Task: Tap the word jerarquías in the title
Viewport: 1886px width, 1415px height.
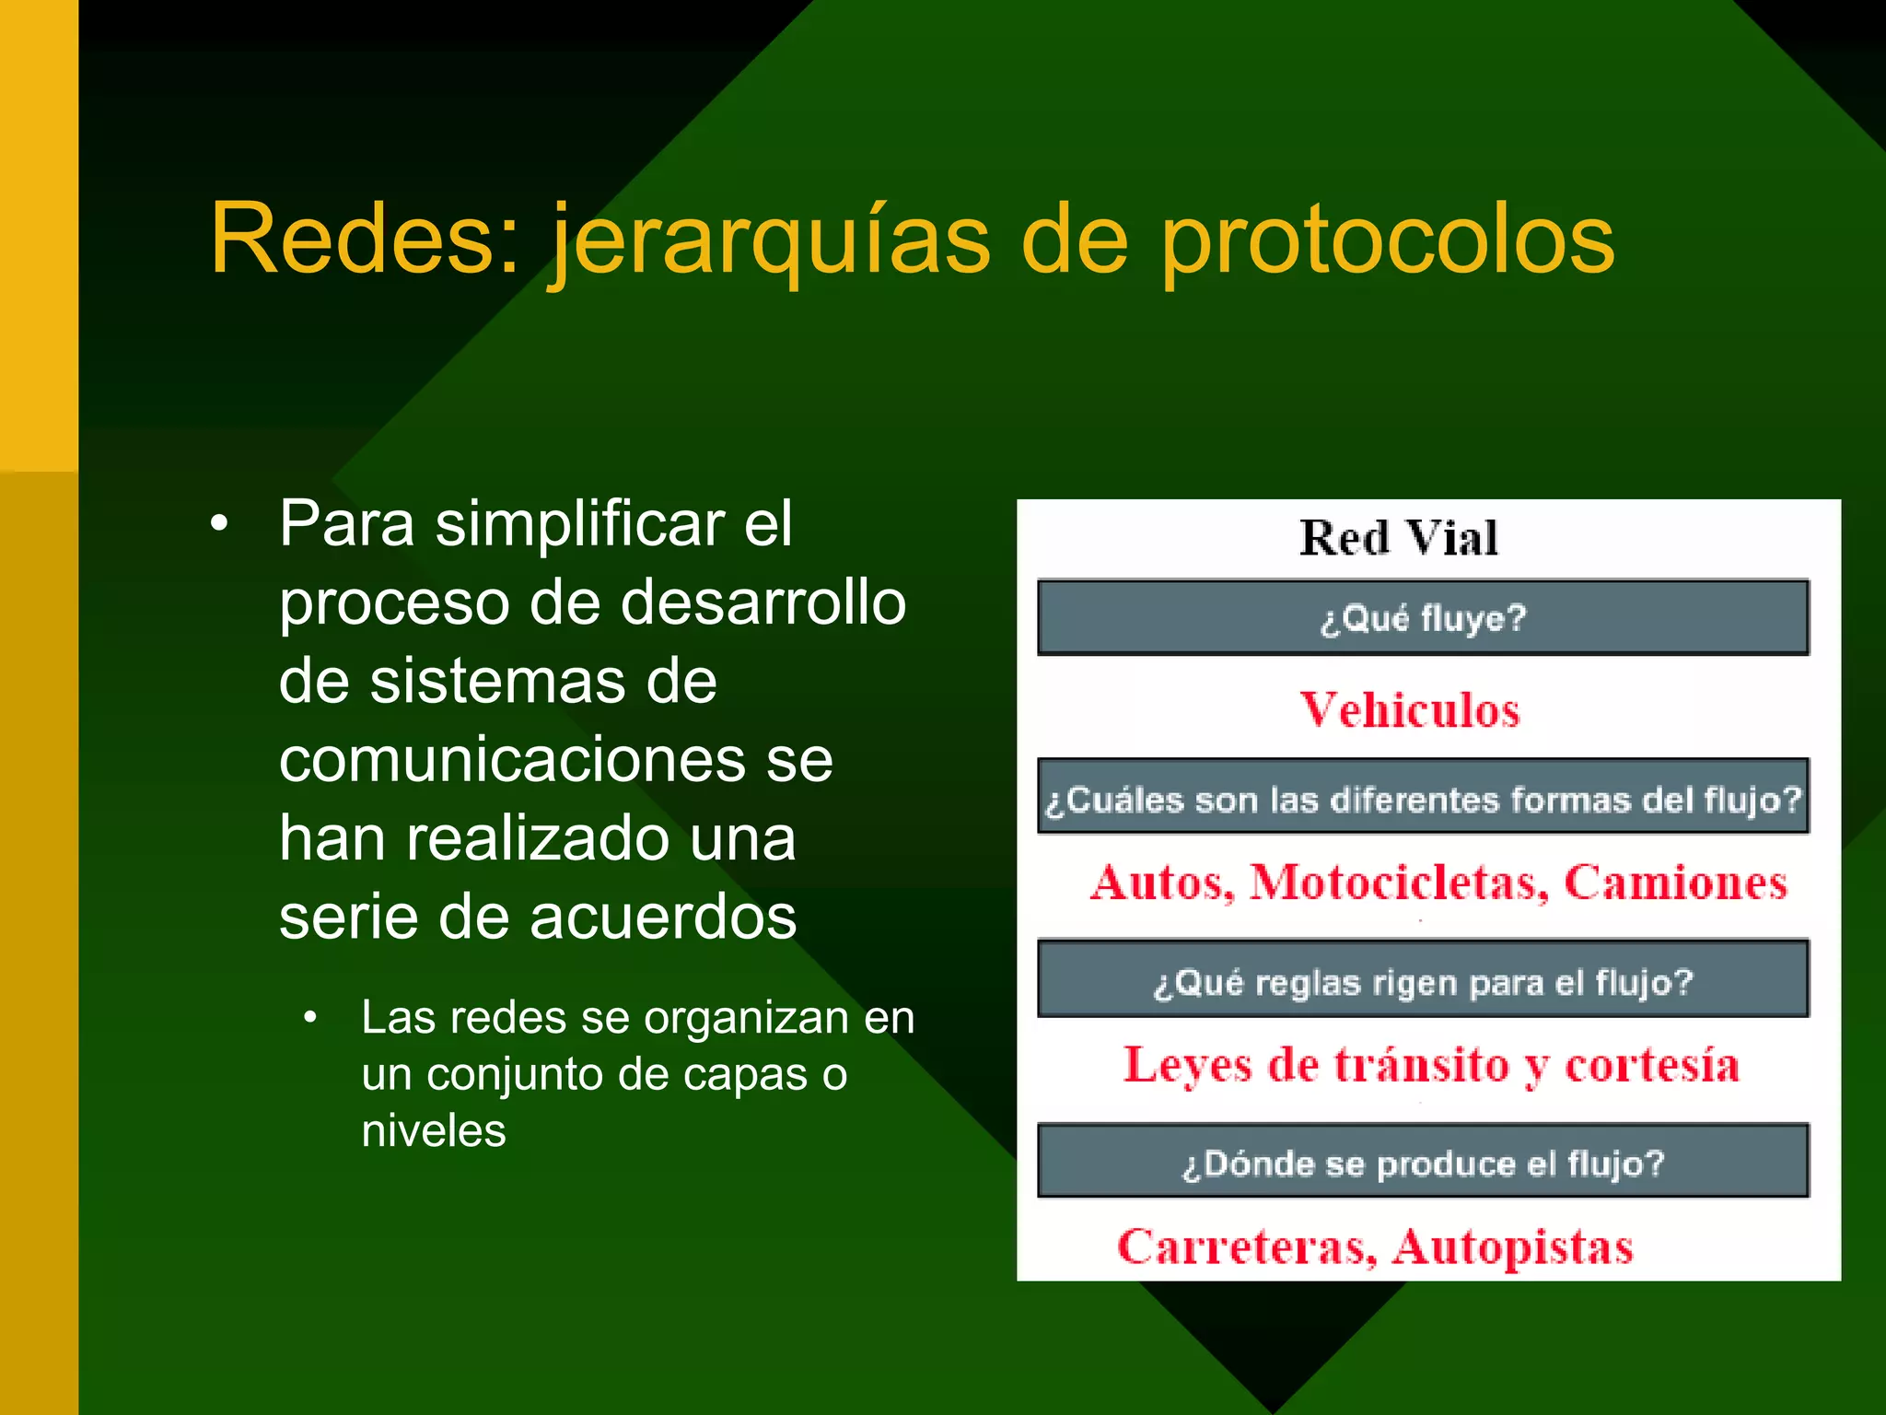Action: pos(770,241)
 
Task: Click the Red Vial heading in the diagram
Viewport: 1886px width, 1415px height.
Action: pos(1398,538)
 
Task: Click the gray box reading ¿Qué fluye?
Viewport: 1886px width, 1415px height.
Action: pos(1423,618)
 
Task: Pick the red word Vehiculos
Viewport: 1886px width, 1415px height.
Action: pos(1409,710)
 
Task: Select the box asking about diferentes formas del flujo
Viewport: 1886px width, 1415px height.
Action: pos(1423,799)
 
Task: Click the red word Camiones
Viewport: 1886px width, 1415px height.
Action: pos(1675,882)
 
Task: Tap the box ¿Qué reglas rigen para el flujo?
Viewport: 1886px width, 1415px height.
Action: pos(1423,981)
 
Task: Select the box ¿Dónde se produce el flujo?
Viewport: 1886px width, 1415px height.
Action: pos(1423,1163)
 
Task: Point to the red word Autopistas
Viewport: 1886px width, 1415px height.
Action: pos(1512,1246)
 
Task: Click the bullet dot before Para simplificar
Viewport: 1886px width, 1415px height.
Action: pos(218,524)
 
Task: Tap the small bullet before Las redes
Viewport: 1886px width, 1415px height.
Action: pos(310,1018)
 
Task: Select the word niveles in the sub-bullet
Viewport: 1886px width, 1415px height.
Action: pos(434,1130)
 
